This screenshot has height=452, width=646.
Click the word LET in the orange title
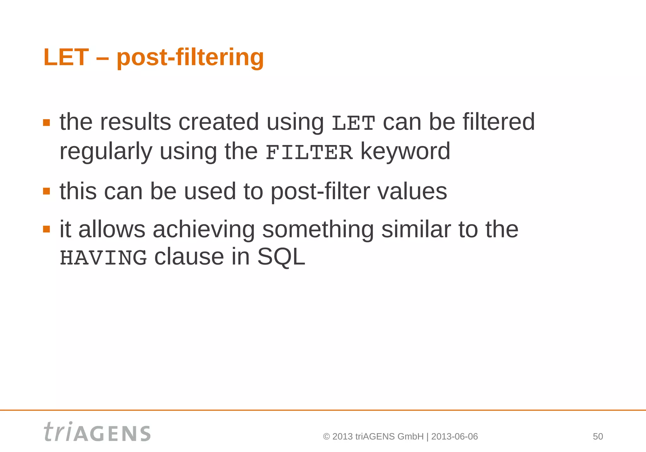pyautogui.click(x=66, y=57)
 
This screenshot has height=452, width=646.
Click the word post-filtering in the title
pyautogui.click(x=190, y=58)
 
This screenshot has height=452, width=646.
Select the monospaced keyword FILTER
pyautogui.click(x=309, y=153)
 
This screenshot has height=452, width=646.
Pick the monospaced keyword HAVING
pyautogui.click(x=103, y=258)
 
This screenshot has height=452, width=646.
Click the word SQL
pyautogui.click(x=281, y=257)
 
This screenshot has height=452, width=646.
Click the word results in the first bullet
pyautogui.click(x=135, y=122)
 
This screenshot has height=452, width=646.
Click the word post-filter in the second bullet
pyautogui.click(x=320, y=192)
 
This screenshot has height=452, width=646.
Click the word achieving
pyautogui.click(x=204, y=229)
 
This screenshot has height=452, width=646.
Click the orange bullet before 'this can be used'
pyautogui.click(x=47, y=191)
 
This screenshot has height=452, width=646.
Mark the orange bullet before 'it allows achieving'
pyautogui.click(x=47, y=229)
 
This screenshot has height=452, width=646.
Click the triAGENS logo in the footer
pyautogui.click(x=97, y=432)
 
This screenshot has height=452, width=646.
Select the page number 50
pyautogui.click(x=598, y=437)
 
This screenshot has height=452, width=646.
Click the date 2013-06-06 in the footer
pyautogui.click(x=454, y=437)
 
